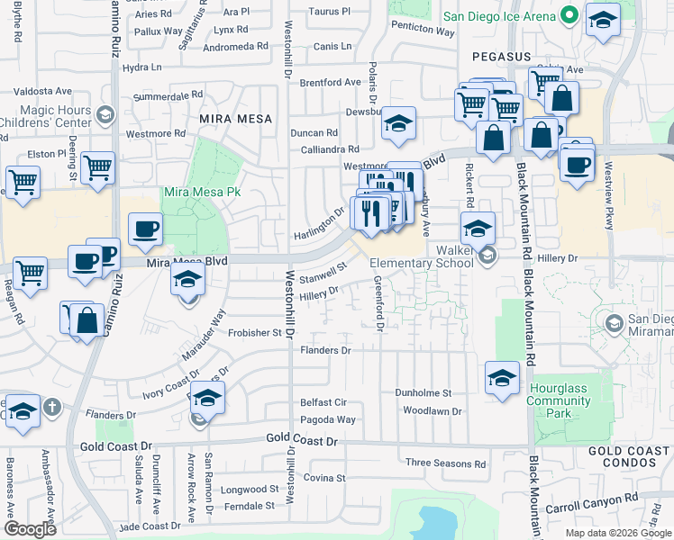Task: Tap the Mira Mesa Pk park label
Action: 202,193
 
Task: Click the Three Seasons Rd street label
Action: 445,463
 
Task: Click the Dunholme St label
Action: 423,392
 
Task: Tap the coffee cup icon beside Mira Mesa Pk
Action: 144,229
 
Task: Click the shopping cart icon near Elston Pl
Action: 97,166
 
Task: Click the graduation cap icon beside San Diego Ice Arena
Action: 602,20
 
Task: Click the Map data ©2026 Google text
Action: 617,533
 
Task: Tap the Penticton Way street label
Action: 423,31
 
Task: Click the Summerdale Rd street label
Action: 167,95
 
